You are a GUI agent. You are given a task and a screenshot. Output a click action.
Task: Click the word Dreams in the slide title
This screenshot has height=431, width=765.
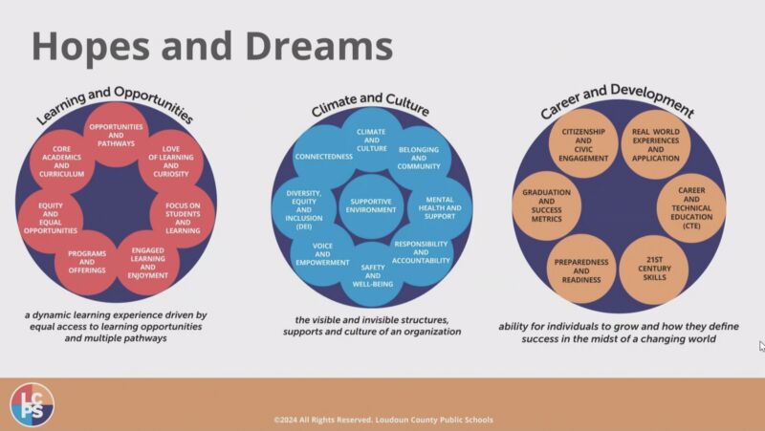[x=319, y=46]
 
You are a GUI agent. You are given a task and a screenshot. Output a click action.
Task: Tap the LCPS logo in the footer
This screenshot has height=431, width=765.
[x=33, y=404]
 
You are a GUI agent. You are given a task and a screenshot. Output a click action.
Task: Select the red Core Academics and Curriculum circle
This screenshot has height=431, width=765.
[x=61, y=162]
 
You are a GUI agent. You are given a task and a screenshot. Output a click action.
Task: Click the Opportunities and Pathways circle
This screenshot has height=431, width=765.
[x=116, y=135]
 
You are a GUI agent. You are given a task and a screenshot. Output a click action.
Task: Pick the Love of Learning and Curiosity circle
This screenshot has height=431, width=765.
[x=171, y=162]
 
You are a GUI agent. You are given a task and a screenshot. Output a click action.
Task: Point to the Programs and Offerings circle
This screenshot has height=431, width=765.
[x=87, y=262]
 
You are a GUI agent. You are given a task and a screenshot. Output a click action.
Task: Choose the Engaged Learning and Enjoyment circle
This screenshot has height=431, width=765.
[x=148, y=263]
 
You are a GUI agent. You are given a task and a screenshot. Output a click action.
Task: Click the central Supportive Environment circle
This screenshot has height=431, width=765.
[x=371, y=206]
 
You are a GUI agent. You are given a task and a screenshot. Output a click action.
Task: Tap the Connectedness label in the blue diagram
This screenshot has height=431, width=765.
[x=323, y=157]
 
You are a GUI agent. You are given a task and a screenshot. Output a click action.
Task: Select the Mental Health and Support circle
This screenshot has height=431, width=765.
[x=440, y=208]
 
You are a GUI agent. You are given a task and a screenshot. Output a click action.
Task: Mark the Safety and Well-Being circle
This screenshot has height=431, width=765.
[x=372, y=275]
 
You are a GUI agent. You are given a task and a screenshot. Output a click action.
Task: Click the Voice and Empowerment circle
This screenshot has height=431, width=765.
[x=322, y=254]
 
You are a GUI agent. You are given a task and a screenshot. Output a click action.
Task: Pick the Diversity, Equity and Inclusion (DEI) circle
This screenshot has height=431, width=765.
[x=304, y=209]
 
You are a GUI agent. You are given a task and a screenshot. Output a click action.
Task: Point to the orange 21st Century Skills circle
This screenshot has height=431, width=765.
[x=654, y=269]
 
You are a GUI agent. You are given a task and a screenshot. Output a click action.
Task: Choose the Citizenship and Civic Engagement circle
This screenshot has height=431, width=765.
[x=583, y=145]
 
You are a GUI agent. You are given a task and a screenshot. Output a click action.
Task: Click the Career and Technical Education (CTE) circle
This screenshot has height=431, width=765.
[x=691, y=208]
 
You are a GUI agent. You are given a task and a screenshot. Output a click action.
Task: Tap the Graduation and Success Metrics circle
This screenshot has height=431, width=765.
[x=546, y=205]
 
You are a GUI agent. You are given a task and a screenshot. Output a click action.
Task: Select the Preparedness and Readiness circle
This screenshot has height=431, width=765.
[x=581, y=270]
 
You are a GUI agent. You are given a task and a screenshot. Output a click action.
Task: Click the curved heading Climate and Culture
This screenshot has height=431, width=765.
[x=370, y=104]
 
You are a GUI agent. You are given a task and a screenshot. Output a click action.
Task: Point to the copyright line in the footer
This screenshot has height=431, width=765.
[x=383, y=420]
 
